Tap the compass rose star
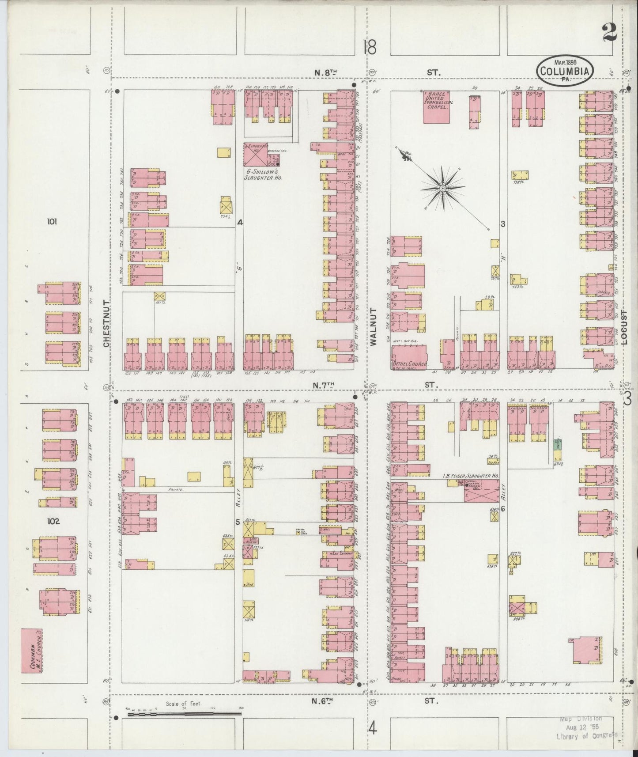pyautogui.click(x=442, y=189)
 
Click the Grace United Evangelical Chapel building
pyautogui.click(x=437, y=106)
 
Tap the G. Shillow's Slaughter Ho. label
pyautogui.click(x=264, y=175)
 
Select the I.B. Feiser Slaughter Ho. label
pyautogui.click(x=471, y=476)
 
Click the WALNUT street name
pyautogui.click(x=373, y=326)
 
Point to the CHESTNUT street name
pyautogui.click(x=106, y=322)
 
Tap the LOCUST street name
pyautogui.click(x=623, y=327)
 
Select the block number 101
pyautogui.click(x=52, y=222)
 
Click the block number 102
pyautogui.click(x=53, y=521)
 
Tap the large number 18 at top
pyautogui.click(x=370, y=47)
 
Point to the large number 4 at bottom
pyautogui.click(x=373, y=727)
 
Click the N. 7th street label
pyautogui.click(x=323, y=385)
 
